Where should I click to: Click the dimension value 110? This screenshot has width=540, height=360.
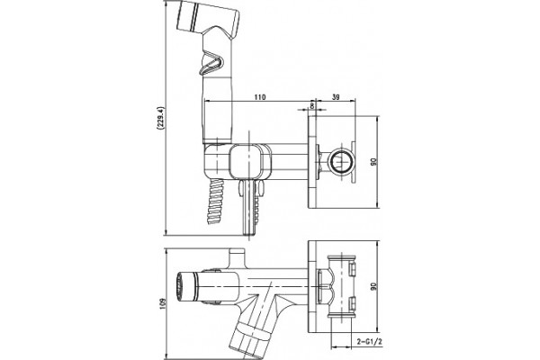(260, 97)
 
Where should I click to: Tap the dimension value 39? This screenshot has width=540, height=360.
(336, 97)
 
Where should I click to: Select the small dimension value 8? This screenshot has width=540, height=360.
(312, 106)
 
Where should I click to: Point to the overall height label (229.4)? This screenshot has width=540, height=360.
(159, 118)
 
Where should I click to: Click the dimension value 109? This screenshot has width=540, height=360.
(163, 304)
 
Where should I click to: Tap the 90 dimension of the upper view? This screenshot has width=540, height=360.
(373, 162)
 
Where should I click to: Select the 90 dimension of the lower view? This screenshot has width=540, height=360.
(373, 285)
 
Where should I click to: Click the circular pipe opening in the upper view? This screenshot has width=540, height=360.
(340, 162)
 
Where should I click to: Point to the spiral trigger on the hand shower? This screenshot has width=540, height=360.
(211, 63)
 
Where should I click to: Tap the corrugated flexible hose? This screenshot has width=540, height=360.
(215, 201)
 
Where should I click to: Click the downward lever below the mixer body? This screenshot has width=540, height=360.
(249, 207)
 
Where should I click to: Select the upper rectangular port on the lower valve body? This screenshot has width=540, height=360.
(352, 269)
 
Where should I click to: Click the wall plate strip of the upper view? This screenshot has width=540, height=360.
(312, 162)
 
